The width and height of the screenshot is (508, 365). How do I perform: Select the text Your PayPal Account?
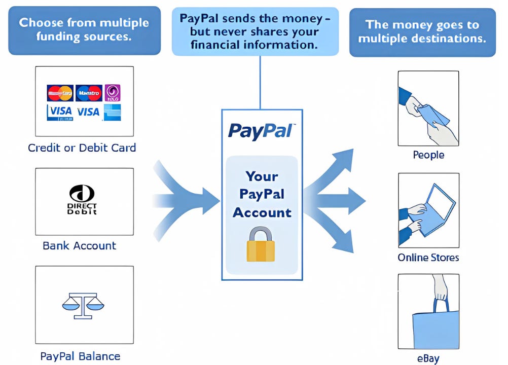pyautogui.click(x=262, y=194)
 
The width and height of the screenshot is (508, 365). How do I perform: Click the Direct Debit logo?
pyautogui.click(x=82, y=200)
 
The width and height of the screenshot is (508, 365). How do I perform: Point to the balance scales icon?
pyautogui.click(x=82, y=304)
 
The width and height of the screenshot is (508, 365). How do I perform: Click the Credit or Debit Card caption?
pyautogui.click(x=82, y=148)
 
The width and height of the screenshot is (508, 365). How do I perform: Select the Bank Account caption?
pyautogui.click(x=80, y=246)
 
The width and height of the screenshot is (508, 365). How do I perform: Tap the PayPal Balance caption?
pyautogui.click(x=80, y=356)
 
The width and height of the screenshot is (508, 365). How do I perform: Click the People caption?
pyautogui.click(x=428, y=155)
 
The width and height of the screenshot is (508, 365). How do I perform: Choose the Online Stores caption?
pyautogui.click(x=428, y=258)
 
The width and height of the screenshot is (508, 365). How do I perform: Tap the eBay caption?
pyautogui.click(x=428, y=359)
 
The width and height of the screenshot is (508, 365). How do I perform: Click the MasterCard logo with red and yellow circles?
pyautogui.click(x=60, y=93)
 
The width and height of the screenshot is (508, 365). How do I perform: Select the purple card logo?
pyautogui.click(x=112, y=93)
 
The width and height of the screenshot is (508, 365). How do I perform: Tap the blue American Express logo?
pyautogui.click(x=112, y=113)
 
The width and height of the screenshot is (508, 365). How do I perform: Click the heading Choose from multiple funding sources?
pyautogui.click(x=84, y=30)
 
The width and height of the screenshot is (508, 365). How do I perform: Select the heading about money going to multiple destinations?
pyautogui.click(x=423, y=31)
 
